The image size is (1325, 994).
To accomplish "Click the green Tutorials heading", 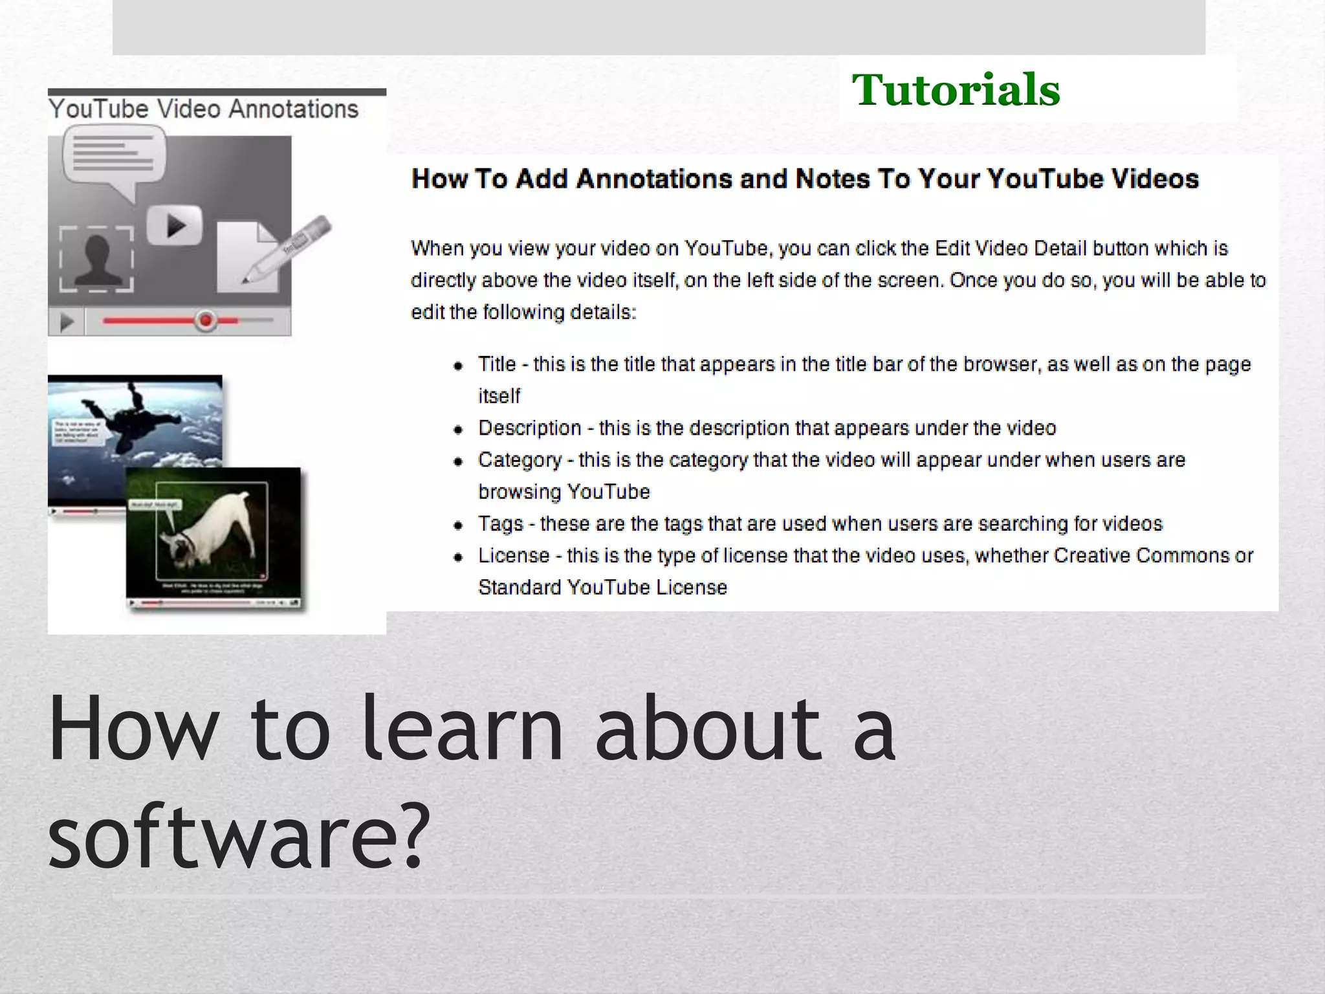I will [x=956, y=90].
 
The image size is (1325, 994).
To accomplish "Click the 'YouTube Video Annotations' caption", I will [x=204, y=109].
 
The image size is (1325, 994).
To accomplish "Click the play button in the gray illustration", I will [x=175, y=226].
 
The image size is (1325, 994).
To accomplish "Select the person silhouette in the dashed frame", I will [x=97, y=260].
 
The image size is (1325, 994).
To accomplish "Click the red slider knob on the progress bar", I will [x=206, y=320].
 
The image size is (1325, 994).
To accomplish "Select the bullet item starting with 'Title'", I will [x=864, y=364].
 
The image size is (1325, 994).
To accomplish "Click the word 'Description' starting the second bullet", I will [x=530, y=428].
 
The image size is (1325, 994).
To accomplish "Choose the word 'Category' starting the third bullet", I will [x=520, y=460].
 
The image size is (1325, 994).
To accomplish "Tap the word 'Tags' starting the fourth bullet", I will [x=501, y=524].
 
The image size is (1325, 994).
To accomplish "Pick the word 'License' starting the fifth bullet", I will [x=514, y=555].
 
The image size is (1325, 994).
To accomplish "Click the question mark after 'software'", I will [x=412, y=835].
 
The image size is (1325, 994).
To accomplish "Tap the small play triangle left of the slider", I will [x=66, y=322].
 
